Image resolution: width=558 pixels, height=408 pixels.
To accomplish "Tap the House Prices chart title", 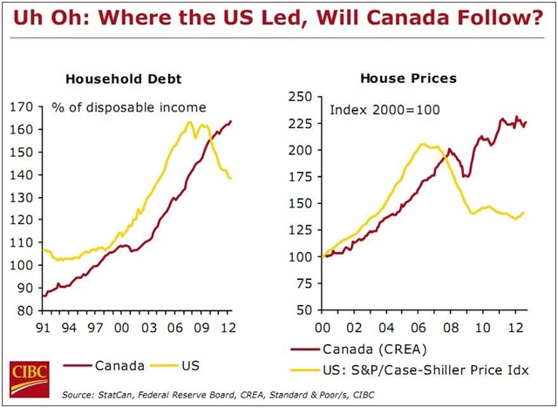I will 398,78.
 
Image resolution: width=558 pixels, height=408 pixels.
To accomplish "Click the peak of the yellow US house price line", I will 423,145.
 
